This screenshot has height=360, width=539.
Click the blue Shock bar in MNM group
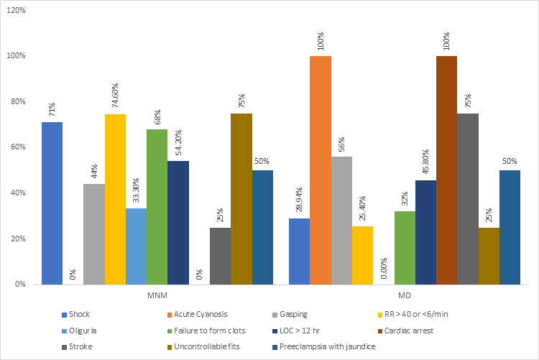pos(52,203)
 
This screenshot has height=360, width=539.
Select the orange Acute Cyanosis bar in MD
pos(321,170)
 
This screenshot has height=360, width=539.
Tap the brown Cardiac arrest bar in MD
pos(446,170)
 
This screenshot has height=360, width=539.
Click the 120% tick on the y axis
pos(16,10)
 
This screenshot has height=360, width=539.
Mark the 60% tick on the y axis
pos(18,147)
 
